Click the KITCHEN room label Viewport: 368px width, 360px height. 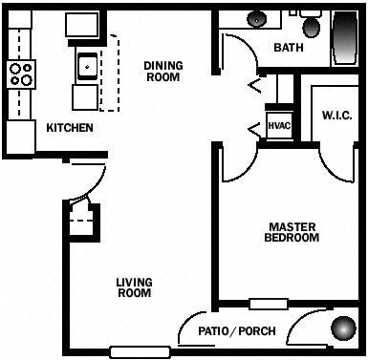(69, 127)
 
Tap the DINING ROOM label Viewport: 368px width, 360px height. (163, 72)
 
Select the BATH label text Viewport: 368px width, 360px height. (290, 48)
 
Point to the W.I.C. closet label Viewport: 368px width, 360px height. (337, 116)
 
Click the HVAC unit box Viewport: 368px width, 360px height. (279, 126)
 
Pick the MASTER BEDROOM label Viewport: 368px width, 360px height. (292, 231)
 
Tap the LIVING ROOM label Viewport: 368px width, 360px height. (134, 287)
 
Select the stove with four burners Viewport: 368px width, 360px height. (21, 74)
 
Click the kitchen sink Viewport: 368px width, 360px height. (87, 66)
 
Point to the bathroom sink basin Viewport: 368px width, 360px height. (257, 18)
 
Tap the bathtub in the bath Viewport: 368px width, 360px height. (345, 38)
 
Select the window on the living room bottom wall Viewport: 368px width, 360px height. (139, 351)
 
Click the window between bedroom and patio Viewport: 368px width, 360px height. (268, 305)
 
